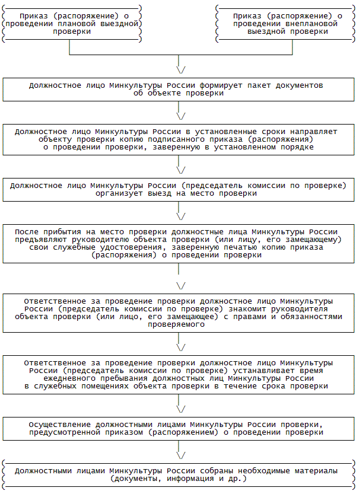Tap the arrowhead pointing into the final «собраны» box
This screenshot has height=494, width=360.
181,453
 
